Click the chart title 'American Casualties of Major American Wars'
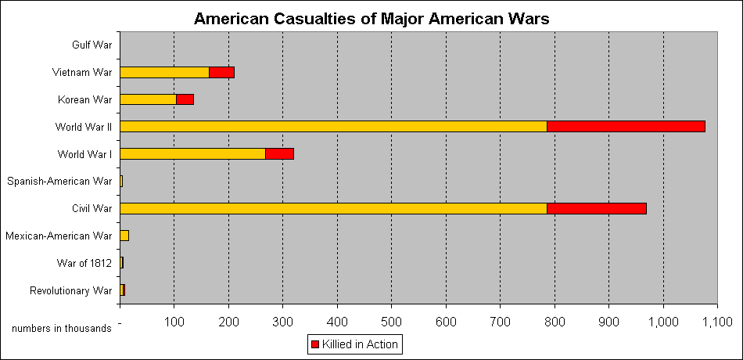[x=371, y=17]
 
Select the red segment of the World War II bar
[x=626, y=127]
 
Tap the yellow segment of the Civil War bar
[x=333, y=209]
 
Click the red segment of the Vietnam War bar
[x=222, y=73]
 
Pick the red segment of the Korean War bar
[x=185, y=99]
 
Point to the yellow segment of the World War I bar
[x=192, y=154]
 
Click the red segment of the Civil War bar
[x=596, y=209]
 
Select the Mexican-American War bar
[x=124, y=236]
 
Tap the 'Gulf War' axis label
[x=92, y=45]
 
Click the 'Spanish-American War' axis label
[x=59, y=182]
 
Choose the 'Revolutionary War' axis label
[x=71, y=291]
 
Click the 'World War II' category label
[x=84, y=127]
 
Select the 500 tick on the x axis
[x=392, y=322]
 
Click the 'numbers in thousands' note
[x=61, y=329]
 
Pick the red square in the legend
[x=315, y=344]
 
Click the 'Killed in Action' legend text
[x=361, y=344]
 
